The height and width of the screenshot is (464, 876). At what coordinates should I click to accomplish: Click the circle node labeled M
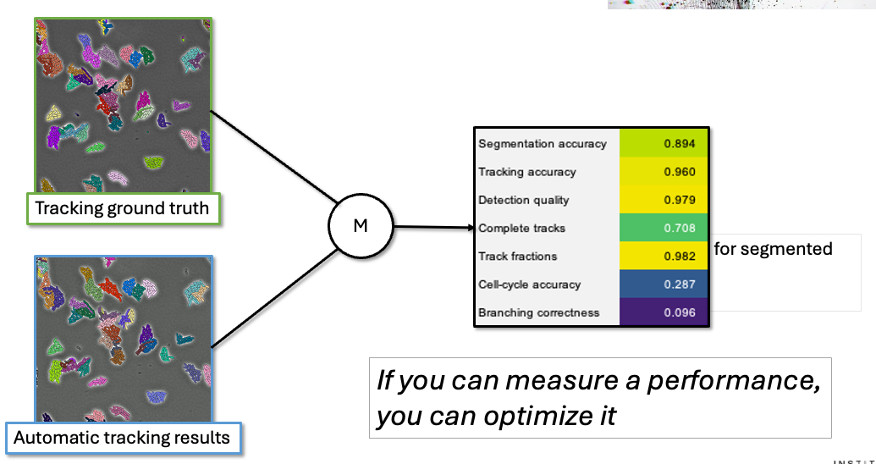(361, 227)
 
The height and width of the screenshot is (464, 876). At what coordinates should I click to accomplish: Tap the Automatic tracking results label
(122, 438)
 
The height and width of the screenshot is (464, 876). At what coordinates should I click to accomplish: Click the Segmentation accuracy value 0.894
(680, 144)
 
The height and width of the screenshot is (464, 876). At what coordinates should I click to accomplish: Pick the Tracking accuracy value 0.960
(680, 172)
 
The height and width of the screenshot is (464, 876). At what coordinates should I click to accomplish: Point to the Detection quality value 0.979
(680, 201)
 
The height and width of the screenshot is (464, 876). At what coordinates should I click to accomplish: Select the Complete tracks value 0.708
(680, 229)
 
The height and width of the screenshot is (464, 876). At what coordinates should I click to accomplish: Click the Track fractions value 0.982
(680, 257)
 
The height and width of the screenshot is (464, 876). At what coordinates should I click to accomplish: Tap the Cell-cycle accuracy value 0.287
(680, 284)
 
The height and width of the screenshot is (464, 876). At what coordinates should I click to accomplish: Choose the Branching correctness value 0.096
(680, 312)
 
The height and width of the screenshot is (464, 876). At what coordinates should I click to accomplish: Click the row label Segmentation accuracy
(543, 144)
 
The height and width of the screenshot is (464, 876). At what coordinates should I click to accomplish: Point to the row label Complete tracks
(521, 229)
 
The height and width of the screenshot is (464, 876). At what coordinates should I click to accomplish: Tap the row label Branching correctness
(538, 312)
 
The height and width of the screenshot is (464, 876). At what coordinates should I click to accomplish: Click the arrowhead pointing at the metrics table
(468, 227)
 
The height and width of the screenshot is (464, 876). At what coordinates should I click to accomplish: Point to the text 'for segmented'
(773, 249)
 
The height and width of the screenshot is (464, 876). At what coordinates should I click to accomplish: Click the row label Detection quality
(524, 201)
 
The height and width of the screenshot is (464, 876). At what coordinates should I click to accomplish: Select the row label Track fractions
(518, 257)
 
